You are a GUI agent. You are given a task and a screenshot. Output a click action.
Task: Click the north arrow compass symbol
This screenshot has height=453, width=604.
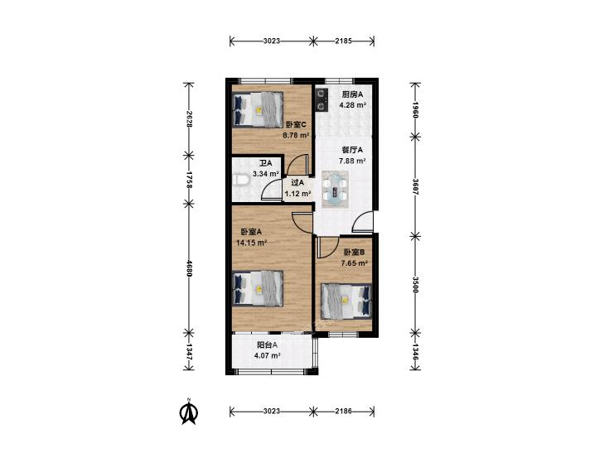[x=189, y=412]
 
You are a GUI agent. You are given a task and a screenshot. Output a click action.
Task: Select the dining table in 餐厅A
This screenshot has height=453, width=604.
[x=335, y=189]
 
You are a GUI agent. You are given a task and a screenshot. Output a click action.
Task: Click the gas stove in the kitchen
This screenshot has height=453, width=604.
[x=321, y=99]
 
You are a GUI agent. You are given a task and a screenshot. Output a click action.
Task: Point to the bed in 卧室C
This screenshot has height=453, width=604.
[x=258, y=109]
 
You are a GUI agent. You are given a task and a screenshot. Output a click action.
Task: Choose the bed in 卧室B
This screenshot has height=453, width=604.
[x=346, y=301]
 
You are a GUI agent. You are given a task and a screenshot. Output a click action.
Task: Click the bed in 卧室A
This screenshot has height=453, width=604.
[x=258, y=289]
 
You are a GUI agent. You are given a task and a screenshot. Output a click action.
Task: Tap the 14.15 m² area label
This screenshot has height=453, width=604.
[x=252, y=243]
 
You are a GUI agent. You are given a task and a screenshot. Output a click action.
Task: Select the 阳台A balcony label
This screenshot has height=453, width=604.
[x=268, y=345]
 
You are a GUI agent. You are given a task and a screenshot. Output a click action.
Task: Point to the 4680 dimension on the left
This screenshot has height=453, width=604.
[x=189, y=267]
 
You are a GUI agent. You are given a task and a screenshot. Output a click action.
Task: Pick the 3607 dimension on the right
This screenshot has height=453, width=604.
[x=415, y=186]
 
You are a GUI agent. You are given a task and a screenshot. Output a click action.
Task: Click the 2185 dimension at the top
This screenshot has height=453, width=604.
[x=343, y=41]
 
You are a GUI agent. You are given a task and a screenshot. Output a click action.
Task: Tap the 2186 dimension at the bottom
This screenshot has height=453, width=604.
[x=343, y=411]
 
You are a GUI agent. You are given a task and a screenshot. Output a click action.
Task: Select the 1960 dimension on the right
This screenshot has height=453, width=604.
[x=415, y=109]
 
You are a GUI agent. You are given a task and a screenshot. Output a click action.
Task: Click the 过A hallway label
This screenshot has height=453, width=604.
[x=297, y=183]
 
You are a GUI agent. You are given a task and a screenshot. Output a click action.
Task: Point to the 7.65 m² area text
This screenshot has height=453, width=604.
[x=354, y=263]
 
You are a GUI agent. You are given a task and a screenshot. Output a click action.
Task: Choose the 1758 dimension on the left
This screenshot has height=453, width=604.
[x=189, y=180]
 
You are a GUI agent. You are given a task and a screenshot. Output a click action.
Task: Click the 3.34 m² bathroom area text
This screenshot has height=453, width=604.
[x=266, y=174]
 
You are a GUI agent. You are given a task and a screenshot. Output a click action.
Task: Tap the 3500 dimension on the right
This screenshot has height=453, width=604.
[x=415, y=285]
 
